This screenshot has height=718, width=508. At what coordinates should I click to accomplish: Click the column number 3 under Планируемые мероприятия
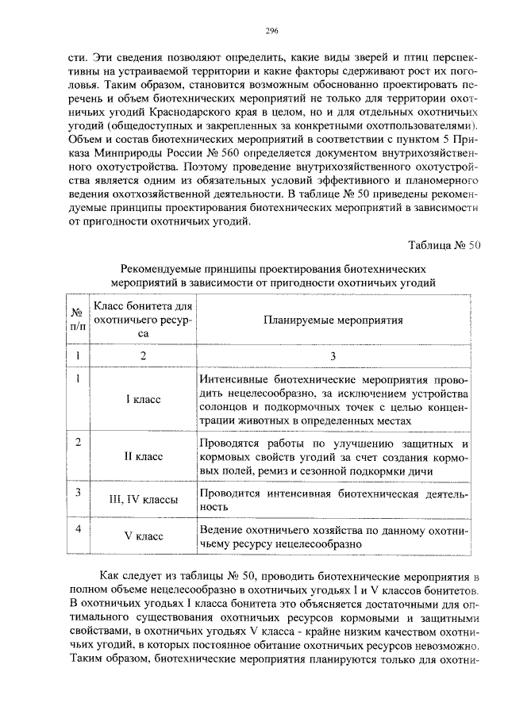pos(333,356)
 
